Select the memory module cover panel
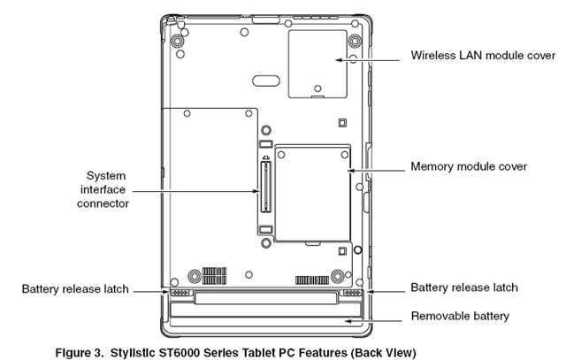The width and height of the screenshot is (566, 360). pos(310,193)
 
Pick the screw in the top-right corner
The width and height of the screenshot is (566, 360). pos(355,42)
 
